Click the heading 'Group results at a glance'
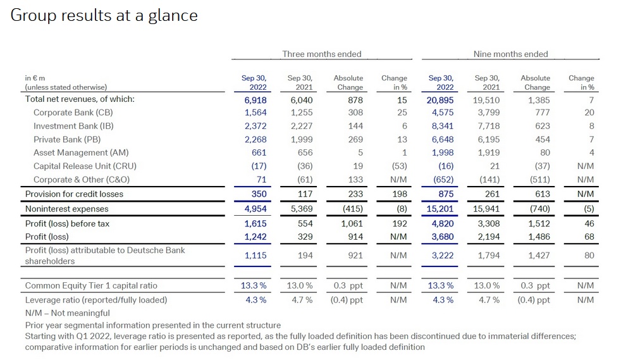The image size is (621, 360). [104, 16]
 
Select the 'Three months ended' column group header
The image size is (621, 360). [321, 54]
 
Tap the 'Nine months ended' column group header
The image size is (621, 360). [510, 54]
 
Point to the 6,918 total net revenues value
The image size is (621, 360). [255, 100]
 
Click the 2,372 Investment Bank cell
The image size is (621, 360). [255, 126]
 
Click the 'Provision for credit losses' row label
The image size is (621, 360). [74, 194]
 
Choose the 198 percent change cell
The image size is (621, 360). [398, 194]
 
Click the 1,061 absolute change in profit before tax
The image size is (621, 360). [352, 223]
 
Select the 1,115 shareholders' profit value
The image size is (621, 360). [255, 256]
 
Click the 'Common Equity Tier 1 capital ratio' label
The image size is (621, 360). [91, 285]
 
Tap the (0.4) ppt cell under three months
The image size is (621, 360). [347, 300]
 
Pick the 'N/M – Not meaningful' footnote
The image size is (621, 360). [68, 313]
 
